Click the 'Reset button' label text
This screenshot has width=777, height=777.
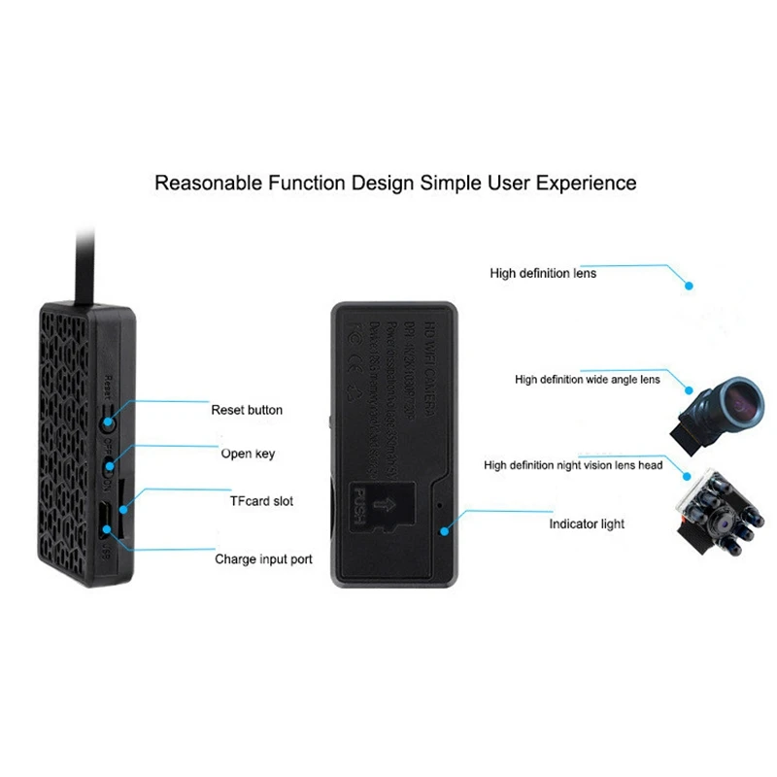247,410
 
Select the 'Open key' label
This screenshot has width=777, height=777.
249,454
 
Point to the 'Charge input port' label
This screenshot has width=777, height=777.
262,560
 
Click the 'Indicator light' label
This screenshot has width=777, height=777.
586,524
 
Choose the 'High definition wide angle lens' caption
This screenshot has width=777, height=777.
587,379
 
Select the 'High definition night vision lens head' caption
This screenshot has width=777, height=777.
574,465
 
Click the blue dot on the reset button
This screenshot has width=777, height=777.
109,422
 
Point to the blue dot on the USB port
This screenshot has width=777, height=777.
108,529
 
